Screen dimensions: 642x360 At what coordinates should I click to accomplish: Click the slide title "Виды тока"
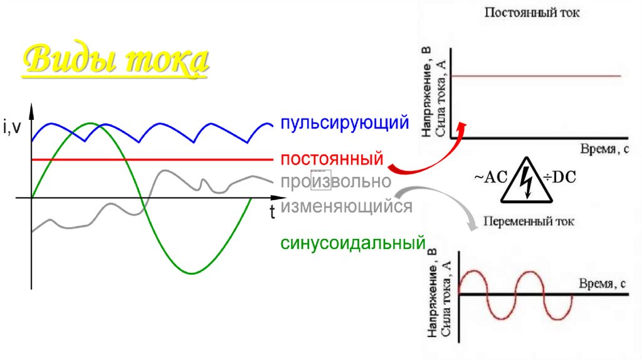114,61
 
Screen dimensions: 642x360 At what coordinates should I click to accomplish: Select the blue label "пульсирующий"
344,122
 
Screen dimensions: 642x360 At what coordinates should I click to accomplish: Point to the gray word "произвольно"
336,183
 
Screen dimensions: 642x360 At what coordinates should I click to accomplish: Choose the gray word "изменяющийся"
346,206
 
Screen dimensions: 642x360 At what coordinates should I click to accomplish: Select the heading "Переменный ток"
528,221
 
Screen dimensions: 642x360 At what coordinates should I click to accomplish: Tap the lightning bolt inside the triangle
526,181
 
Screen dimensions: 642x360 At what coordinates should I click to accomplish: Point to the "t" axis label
273,212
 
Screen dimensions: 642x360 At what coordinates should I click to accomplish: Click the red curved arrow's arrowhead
463,126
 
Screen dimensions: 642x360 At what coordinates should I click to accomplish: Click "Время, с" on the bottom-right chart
601,283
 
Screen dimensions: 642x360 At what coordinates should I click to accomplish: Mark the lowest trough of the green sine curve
193,273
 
